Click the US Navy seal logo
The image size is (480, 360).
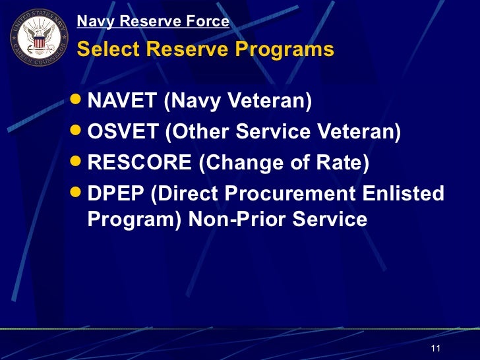[x=38, y=38]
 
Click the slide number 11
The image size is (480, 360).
[x=435, y=347]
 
